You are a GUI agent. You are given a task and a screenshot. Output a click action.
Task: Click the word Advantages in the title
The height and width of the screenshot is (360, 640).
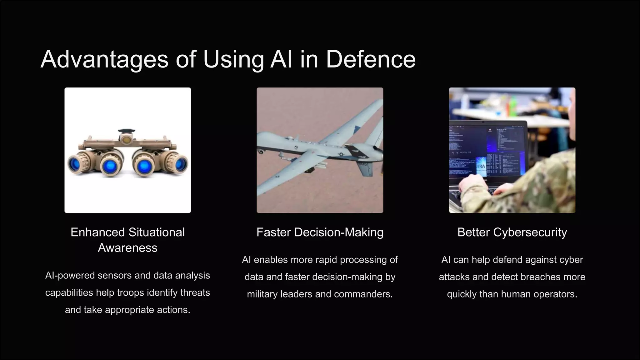tap(104, 59)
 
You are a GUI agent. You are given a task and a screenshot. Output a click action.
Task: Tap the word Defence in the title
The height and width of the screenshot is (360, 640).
tap(371, 59)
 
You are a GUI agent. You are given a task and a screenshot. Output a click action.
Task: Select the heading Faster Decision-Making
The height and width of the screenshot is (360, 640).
tap(320, 232)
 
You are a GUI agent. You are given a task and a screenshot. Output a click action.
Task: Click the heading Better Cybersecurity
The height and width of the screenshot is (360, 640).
tap(512, 232)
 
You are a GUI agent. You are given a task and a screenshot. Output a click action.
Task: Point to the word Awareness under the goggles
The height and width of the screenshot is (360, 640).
tap(127, 248)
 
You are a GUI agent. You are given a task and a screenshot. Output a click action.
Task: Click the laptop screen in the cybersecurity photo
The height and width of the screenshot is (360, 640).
tap(487, 150)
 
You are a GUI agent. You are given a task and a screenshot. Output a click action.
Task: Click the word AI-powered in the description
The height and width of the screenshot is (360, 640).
tap(70, 276)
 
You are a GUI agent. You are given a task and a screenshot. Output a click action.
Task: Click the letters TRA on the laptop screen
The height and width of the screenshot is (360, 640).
tap(481, 166)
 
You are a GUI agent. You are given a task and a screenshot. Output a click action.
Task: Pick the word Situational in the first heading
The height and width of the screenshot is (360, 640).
tap(156, 232)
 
